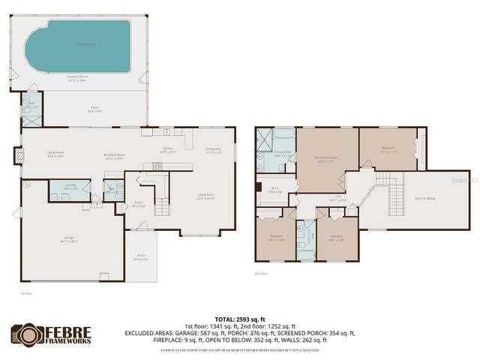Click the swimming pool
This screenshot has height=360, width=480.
(78, 45)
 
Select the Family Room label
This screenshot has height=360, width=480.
(54, 154)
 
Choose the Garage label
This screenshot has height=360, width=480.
(69, 239)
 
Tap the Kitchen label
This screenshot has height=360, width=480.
(168, 149)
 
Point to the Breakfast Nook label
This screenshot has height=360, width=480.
(114, 157)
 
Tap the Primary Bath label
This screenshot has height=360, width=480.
(282, 153)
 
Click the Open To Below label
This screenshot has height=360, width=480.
(424, 198)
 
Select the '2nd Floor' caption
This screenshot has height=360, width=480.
(261, 274)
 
